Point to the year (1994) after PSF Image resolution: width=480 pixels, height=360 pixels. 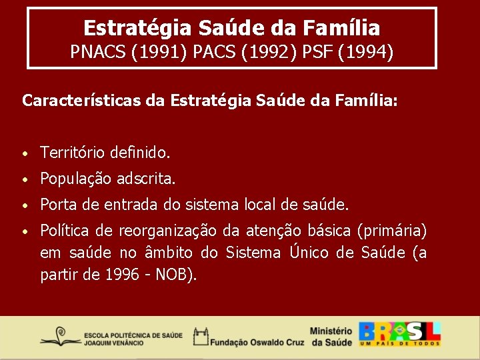coord(366,51)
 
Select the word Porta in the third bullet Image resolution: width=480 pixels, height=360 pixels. coord(58,204)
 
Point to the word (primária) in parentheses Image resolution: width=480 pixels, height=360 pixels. coord(392,231)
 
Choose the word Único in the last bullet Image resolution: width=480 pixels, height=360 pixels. coord(310,253)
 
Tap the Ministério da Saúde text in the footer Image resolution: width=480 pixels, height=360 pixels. coord(331,337)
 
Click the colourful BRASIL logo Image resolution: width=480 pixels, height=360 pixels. coord(400,334)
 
